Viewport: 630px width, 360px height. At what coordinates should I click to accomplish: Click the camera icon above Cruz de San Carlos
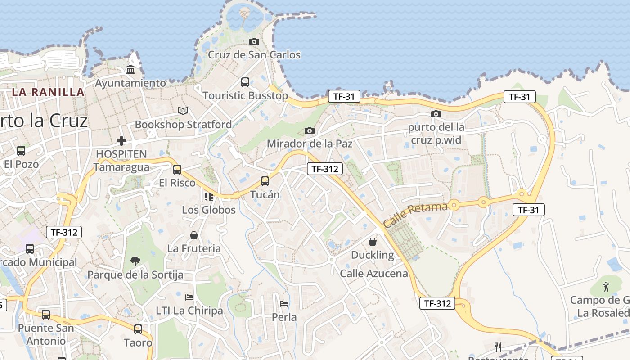point(254,42)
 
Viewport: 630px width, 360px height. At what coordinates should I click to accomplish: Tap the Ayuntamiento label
point(130,83)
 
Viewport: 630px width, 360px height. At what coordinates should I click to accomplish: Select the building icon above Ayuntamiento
point(130,70)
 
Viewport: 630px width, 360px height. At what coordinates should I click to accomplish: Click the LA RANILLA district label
point(48,92)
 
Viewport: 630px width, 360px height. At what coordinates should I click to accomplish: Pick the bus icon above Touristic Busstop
point(245,82)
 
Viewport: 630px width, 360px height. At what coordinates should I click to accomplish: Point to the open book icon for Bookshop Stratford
point(183,111)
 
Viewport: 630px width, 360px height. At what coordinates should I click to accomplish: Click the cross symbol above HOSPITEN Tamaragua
point(121,141)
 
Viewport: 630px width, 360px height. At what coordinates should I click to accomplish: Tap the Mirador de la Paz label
point(310,144)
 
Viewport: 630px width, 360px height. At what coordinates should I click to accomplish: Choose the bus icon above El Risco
point(177,170)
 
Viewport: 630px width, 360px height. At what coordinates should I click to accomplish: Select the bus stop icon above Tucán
point(265,181)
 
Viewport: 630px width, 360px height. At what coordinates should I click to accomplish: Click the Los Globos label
point(209,210)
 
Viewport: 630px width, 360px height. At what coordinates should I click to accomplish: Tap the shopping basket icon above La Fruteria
point(194,235)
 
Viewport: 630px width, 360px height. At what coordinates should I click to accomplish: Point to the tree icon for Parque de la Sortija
point(135,261)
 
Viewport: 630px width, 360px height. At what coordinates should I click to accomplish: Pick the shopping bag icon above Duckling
point(373,242)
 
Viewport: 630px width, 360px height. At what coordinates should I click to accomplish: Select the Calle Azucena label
point(374,273)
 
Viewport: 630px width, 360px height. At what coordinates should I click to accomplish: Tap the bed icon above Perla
point(284,303)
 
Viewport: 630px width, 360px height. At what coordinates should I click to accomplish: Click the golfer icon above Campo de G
point(606,286)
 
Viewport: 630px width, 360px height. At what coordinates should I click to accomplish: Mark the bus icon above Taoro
point(138,329)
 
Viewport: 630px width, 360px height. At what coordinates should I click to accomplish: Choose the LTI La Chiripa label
point(189,310)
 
